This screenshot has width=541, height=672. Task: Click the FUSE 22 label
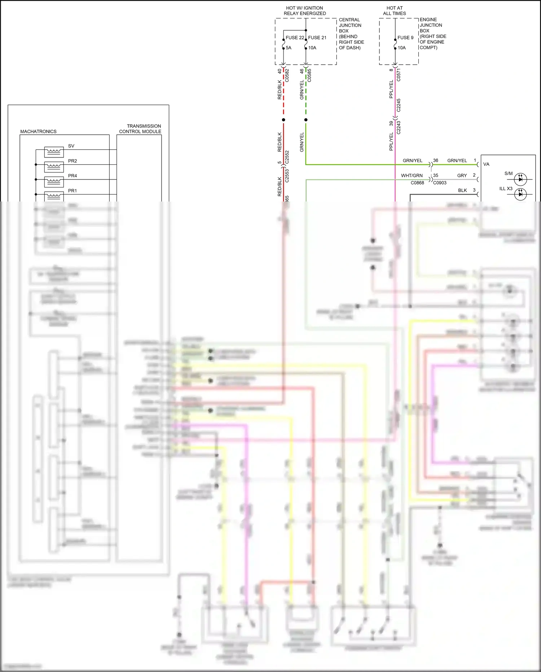tap(295, 38)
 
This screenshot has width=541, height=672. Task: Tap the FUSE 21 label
tap(317, 38)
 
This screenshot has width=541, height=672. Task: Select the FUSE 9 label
tap(405, 38)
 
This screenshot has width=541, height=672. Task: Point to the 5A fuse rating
tap(289, 48)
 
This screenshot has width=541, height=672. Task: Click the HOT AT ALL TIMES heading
tap(394, 10)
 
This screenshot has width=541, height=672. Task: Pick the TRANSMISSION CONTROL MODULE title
tap(140, 129)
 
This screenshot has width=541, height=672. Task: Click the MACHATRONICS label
tap(38, 131)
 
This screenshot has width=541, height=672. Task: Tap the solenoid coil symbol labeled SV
tap(54, 152)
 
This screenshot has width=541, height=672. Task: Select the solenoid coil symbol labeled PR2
tap(54, 167)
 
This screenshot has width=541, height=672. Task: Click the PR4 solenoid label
tap(72, 176)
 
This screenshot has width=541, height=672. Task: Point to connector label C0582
tap(287, 75)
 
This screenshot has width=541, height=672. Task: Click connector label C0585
tap(309, 75)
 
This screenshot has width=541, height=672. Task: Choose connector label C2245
tap(399, 105)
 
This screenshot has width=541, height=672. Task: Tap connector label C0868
tap(417, 183)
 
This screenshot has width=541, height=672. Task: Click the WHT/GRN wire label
tap(412, 175)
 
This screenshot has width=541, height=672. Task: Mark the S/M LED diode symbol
tap(520, 179)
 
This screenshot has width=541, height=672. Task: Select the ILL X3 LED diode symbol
tap(520, 194)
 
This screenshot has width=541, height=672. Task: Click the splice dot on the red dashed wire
tap(283, 120)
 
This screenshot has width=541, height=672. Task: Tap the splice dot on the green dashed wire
tap(306, 120)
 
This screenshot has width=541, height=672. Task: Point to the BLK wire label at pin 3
tap(462, 190)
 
